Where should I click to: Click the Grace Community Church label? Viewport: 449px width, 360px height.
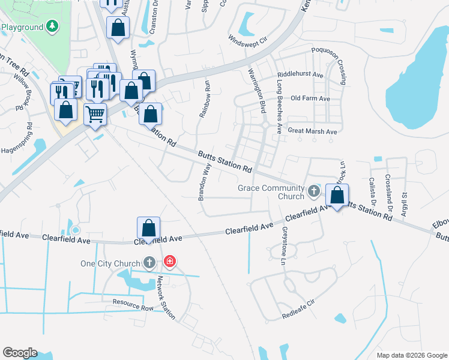point(271,192)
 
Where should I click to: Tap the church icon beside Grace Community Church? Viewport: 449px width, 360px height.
point(313,192)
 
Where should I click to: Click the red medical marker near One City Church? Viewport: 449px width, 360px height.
point(170,262)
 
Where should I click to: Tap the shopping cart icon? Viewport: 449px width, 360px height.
point(95,113)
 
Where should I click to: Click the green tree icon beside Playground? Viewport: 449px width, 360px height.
point(53,26)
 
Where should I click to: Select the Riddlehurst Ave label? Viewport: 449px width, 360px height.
point(300,76)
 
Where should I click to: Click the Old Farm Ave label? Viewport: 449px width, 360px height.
point(310,98)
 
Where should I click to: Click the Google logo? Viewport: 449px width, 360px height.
point(20,353)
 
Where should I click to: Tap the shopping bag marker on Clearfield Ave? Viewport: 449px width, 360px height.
point(149,228)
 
